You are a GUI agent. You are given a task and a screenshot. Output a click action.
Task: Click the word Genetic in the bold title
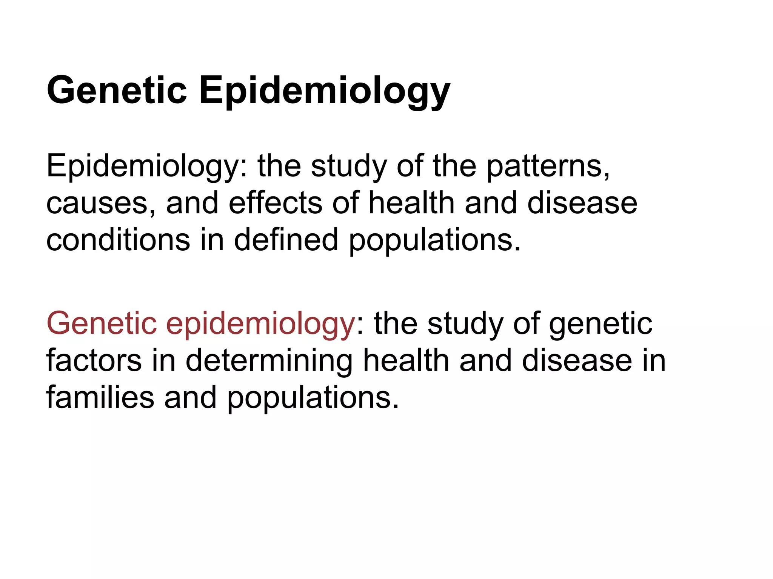pos(117,90)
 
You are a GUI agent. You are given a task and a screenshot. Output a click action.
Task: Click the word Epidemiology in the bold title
pos(325,91)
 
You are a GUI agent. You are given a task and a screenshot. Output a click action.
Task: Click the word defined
pos(286,240)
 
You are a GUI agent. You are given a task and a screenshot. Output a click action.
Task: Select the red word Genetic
pos(102,323)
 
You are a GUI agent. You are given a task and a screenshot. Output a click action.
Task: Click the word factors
pos(94,360)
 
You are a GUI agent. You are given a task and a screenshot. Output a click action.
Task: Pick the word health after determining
pos(406,360)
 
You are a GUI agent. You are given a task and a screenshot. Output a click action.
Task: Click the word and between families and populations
pos(191,397)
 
